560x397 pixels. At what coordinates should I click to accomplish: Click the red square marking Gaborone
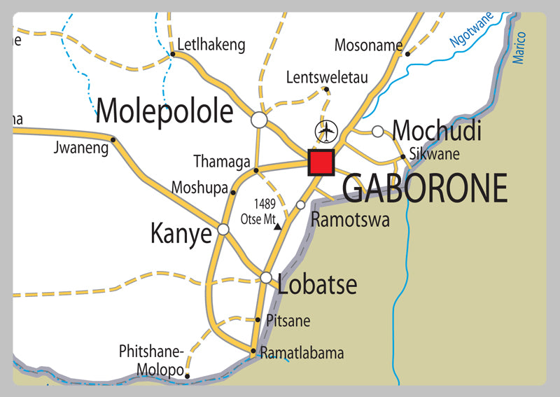(321, 162)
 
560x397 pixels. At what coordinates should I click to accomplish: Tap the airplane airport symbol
(326, 131)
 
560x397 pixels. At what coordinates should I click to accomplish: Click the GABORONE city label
(425, 188)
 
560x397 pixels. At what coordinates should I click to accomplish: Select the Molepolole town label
(164, 111)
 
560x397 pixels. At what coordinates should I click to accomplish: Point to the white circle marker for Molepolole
(259, 120)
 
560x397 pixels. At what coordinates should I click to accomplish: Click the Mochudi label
(437, 130)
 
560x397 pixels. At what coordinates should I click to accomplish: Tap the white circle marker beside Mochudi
(378, 131)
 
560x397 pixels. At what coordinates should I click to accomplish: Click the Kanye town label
(181, 234)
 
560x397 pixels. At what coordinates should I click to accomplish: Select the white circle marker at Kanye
(223, 229)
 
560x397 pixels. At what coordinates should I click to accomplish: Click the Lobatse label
(317, 285)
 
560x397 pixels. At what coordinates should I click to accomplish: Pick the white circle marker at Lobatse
(266, 277)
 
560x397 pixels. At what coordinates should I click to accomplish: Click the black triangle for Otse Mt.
(278, 226)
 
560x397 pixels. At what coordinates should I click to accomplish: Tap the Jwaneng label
(81, 148)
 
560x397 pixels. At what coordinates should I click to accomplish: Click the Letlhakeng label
(211, 46)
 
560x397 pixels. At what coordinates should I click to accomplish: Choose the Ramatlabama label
(302, 354)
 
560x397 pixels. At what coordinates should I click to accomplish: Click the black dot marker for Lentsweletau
(326, 89)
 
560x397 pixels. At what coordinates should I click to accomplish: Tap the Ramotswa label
(350, 219)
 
